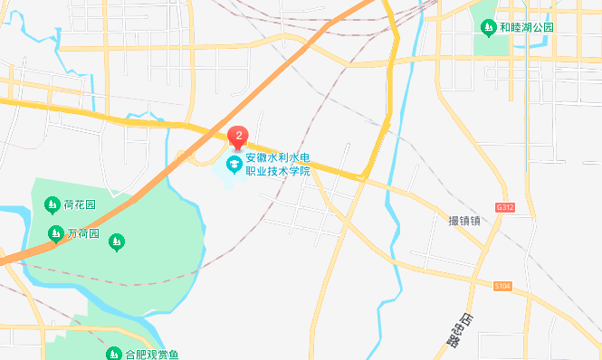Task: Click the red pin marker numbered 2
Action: [238, 137]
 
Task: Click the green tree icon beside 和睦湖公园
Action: [488, 27]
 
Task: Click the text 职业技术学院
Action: [278, 171]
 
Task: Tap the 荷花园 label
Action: [79, 203]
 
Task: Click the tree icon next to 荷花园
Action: [51, 203]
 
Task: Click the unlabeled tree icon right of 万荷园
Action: [116, 242]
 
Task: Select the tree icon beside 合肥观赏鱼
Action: [114, 354]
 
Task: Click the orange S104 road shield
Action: [502, 286]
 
